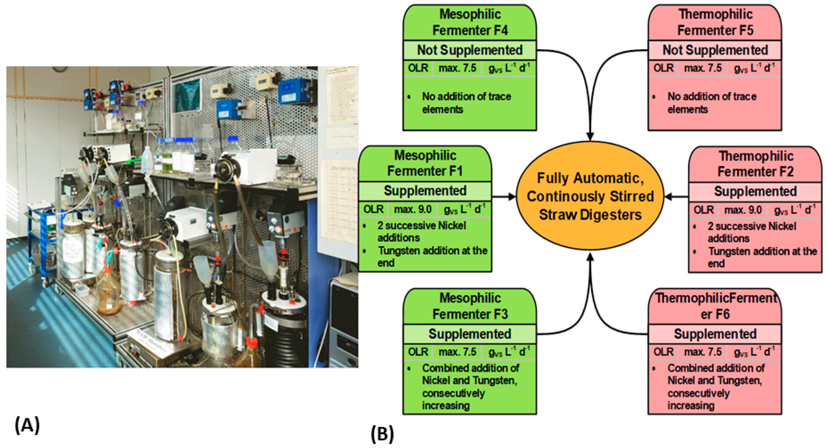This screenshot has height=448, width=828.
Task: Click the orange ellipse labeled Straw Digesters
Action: click(x=590, y=196)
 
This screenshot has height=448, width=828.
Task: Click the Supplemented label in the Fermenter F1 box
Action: click(x=425, y=191)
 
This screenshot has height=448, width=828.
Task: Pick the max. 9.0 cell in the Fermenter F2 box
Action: click(x=743, y=210)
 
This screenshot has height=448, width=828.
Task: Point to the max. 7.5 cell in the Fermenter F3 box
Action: click(x=457, y=352)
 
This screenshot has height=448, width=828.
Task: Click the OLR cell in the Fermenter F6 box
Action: click(x=663, y=352)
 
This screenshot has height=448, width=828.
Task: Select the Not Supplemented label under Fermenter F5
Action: click(x=715, y=50)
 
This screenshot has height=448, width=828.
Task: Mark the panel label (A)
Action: click(x=27, y=425)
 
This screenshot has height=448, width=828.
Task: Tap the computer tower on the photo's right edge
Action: click(x=344, y=322)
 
